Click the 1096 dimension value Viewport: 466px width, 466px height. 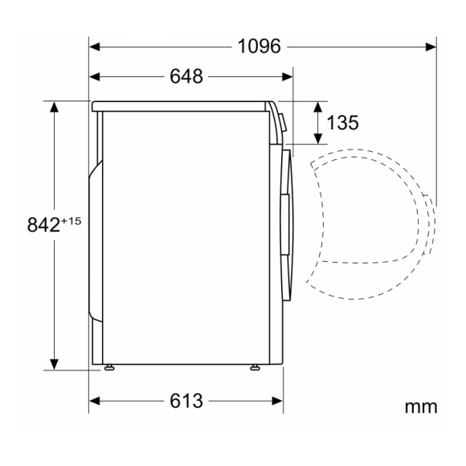click(260, 47)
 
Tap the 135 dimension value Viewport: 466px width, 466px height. click(342, 123)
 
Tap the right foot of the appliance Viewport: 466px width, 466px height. click(255, 368)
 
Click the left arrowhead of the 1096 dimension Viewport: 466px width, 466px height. click(95, 47)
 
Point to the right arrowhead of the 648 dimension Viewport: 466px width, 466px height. click(290, 76)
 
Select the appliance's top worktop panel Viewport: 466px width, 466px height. click(181, 105)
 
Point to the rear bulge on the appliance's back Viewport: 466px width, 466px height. click(96, 241)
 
